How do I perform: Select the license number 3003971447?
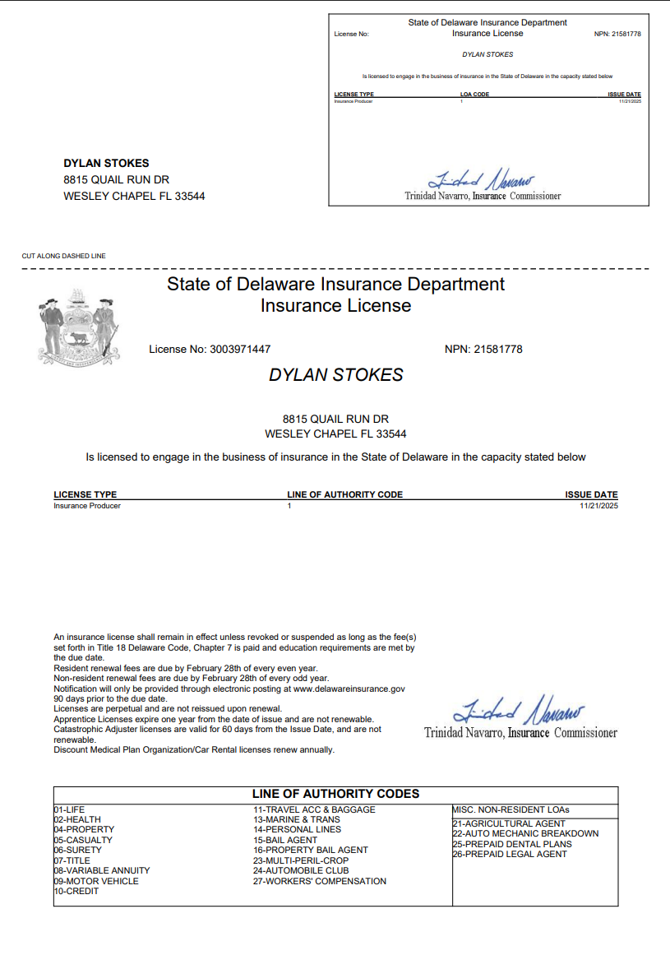click(240, 350)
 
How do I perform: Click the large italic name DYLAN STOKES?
click(335, 375)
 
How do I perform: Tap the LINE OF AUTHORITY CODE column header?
click(344, 495)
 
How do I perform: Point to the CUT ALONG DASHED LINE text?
click(63, 256)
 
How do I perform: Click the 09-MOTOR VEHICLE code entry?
click(96, 881)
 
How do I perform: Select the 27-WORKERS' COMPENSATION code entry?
click(319, 881)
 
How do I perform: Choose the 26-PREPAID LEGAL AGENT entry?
click(510, 854)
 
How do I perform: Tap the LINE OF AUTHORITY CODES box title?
click(335, 794)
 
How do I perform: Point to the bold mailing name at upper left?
click(106, 163)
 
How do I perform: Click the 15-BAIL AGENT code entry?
click(284, 840)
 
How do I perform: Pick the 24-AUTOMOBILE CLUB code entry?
click(300, 870)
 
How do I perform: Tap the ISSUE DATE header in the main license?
click(591, 495)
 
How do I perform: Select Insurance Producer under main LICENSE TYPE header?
click(87, 506)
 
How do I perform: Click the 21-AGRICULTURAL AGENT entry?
click(509, 823)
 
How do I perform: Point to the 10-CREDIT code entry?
click(76, 891)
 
